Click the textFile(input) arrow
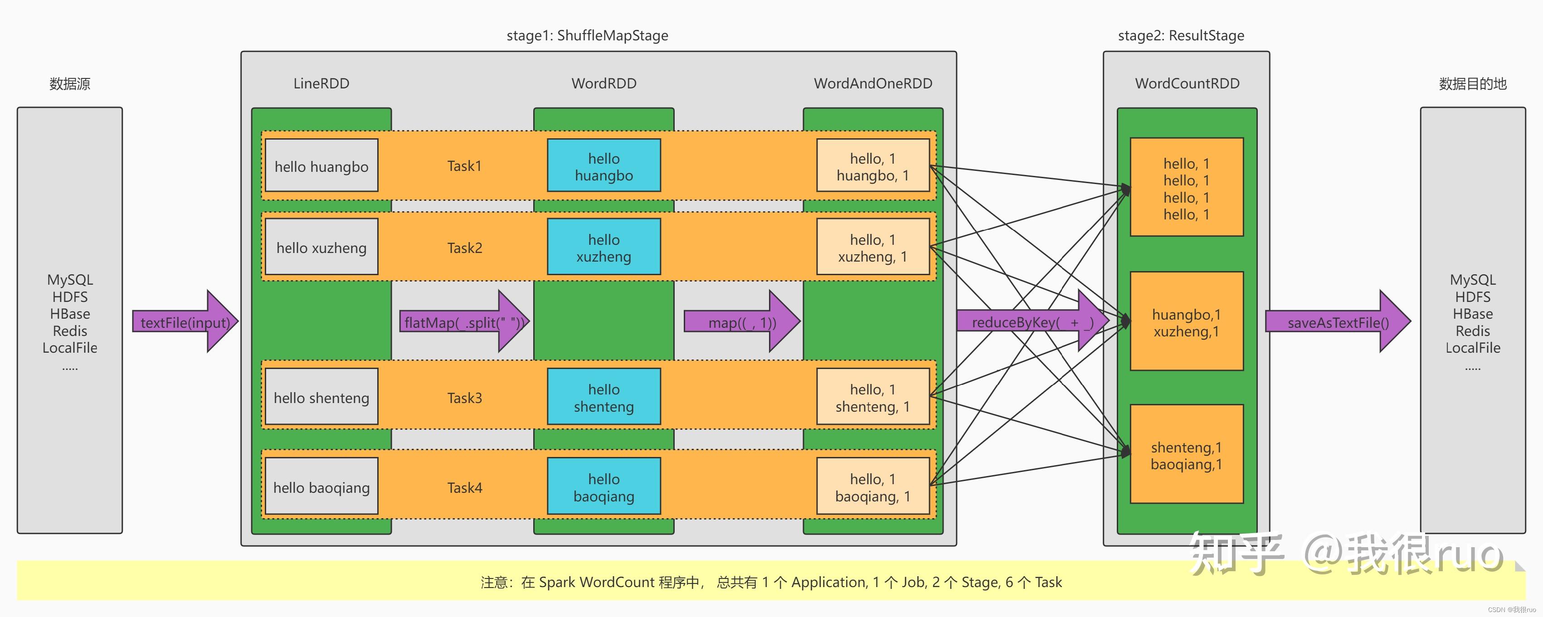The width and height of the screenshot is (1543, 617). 185,322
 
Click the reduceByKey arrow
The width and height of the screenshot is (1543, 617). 1032,322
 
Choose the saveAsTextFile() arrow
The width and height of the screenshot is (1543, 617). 1338,322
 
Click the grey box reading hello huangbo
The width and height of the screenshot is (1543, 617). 321,165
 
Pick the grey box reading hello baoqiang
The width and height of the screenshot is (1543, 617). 321,486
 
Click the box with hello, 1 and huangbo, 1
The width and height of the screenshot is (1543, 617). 873,165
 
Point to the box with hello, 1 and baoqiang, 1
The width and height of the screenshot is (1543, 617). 873,486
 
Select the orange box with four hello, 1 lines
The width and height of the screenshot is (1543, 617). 1187,187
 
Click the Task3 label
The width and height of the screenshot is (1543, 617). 464,398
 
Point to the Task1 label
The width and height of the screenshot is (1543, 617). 464,166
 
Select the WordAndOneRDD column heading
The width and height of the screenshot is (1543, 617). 873,83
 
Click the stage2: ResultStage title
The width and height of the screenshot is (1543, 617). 1181,35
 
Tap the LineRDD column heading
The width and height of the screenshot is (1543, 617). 321,83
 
